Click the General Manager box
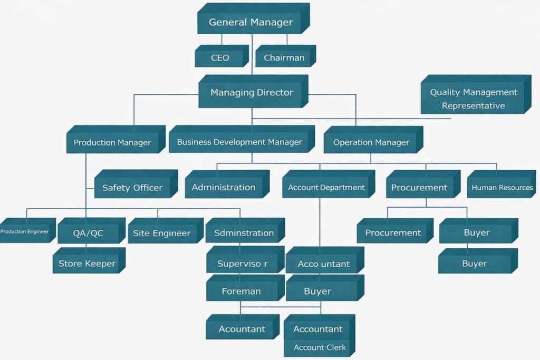251,23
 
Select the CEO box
220,58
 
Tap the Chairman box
284,58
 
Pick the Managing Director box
252,93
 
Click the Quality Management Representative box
473,98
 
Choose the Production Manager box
112,142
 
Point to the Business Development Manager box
239,142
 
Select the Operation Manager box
371,142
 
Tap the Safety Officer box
132,188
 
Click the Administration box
224,188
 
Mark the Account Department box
326,188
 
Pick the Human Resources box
502,188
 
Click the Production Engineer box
25,232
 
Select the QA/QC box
88,233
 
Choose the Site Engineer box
162,233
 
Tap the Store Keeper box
87,264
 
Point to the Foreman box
242,291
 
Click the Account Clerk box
320,347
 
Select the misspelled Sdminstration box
244,233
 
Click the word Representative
473,106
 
